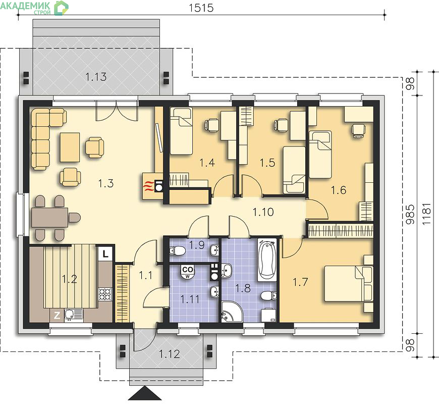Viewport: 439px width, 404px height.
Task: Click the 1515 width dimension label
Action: [201, 8]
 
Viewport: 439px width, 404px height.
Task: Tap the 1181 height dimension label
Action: [427, 214]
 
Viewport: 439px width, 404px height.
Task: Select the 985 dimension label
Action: [410, 214]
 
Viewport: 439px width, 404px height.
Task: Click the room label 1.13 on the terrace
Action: [96, 76]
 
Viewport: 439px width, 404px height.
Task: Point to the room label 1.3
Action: [106, 183]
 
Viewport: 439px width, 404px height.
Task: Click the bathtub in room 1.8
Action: [267, 259]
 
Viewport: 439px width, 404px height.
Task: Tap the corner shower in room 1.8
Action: [231, 312]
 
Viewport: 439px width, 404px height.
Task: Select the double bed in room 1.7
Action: [349, 284]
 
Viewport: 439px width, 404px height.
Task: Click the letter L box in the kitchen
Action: [105, 254]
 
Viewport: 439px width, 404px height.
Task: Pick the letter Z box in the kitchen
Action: [57, 316]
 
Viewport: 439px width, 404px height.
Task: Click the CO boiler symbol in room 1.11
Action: [187, 272]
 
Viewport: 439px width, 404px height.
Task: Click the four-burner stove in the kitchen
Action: [105, 294]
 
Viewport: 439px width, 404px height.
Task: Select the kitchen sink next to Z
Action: [73, 315]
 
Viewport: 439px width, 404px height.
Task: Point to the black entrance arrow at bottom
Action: [145, 393]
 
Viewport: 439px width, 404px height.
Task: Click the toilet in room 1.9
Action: [177, 250]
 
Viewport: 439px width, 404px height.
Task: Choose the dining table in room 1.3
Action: [49, 217]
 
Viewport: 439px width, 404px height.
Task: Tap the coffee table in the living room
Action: [70, 147]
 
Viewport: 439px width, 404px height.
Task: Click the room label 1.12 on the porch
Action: [170, 354]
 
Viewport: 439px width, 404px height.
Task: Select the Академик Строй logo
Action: [34, 8]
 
